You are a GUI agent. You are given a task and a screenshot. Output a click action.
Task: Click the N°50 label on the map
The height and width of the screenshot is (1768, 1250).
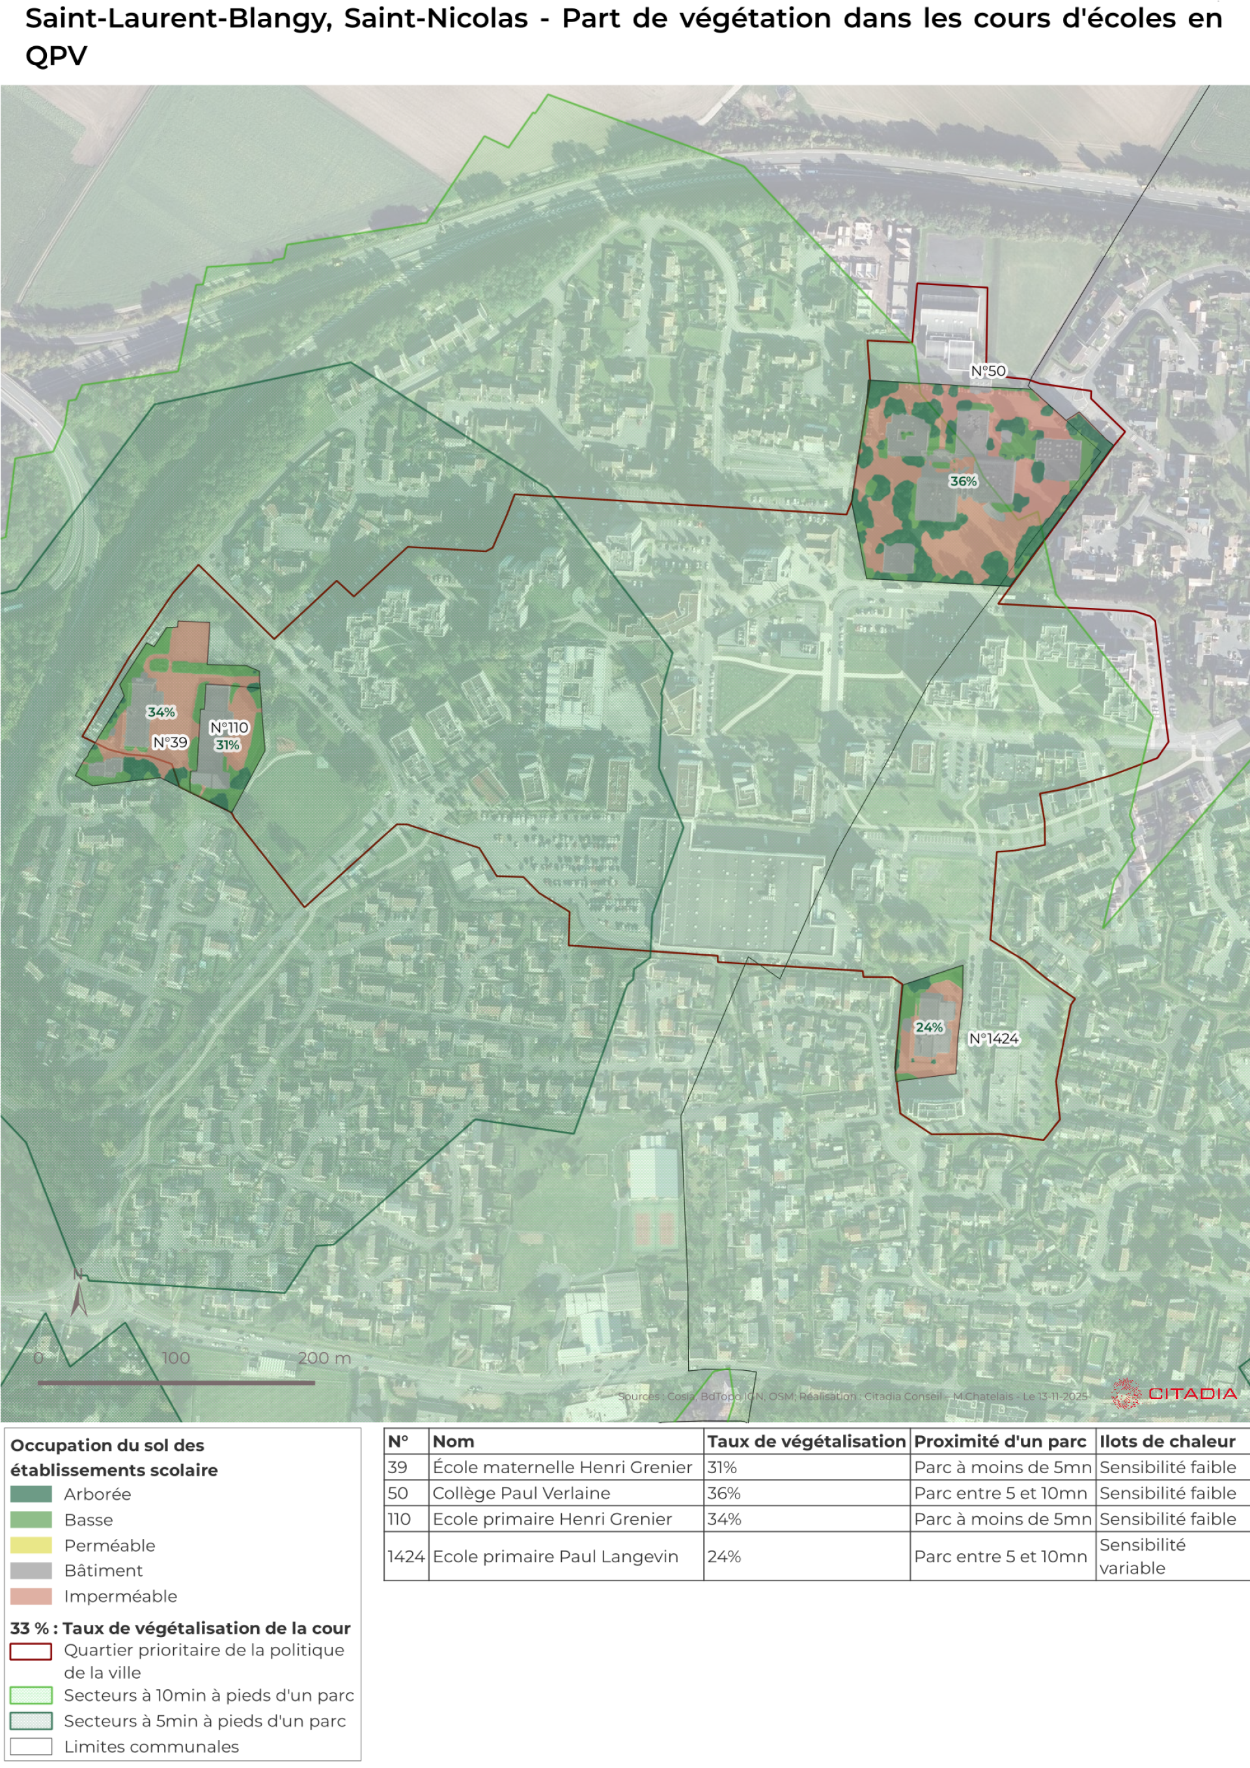(988, 371)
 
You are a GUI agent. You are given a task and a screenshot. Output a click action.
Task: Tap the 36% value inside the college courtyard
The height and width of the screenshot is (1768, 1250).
(963, 481)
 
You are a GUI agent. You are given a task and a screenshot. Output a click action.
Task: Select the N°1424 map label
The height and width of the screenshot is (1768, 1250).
(993, 1039)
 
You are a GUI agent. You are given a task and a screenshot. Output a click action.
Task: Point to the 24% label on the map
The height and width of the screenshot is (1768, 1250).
(929, 1027)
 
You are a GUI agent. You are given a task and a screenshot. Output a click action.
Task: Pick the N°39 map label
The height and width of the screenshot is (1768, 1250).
(170, 742)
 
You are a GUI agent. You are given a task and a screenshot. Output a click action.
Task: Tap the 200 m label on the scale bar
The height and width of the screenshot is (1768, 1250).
(324, 1358)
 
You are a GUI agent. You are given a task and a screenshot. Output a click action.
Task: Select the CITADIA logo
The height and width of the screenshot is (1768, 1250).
(1174, 1393)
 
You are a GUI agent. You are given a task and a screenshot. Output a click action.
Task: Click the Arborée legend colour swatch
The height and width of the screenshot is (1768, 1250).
(31, 1494)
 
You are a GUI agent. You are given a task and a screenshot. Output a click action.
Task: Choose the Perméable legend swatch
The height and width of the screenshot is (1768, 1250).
(31, 1545)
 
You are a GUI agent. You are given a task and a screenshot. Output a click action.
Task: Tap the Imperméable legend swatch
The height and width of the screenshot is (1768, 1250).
(31, 1596)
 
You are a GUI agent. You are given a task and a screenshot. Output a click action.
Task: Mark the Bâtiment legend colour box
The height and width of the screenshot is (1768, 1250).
(31, 1571)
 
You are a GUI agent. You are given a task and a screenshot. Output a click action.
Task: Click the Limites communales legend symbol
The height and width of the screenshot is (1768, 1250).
(31, 1747)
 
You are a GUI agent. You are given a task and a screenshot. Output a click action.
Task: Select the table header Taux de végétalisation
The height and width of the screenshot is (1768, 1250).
(805, 1441)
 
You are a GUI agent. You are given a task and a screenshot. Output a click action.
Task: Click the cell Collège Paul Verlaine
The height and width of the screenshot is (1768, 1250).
(521, 1493)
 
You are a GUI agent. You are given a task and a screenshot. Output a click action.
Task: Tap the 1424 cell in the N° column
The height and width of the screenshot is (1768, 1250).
(405, 1556)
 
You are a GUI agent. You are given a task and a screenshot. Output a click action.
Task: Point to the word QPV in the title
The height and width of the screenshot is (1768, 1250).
(56, 55)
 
